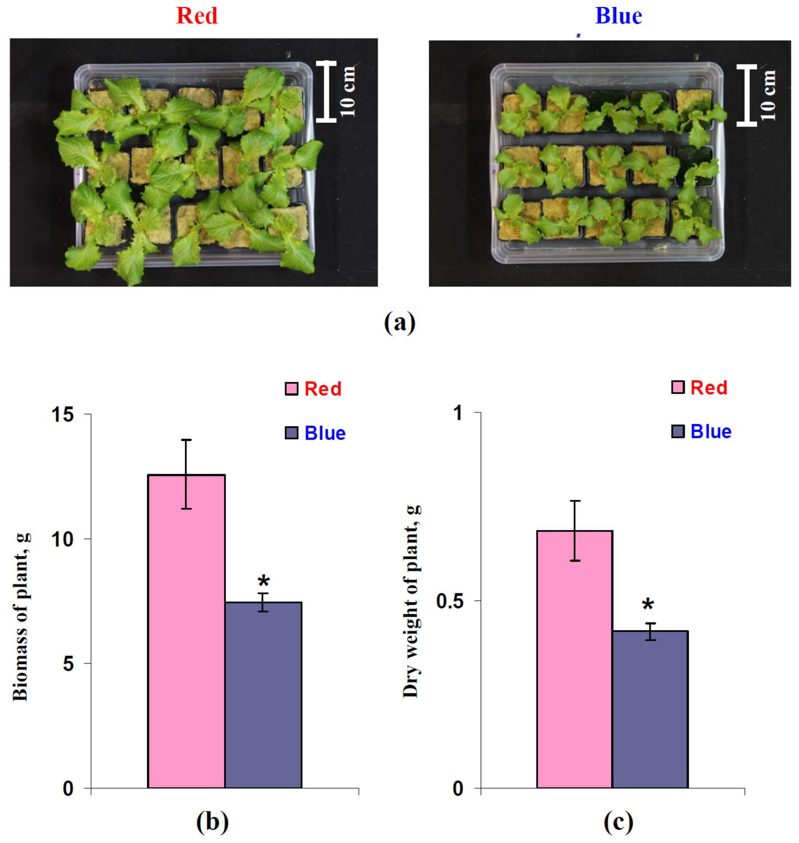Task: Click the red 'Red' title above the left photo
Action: [197, 16]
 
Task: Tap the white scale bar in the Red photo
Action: [326, 91]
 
